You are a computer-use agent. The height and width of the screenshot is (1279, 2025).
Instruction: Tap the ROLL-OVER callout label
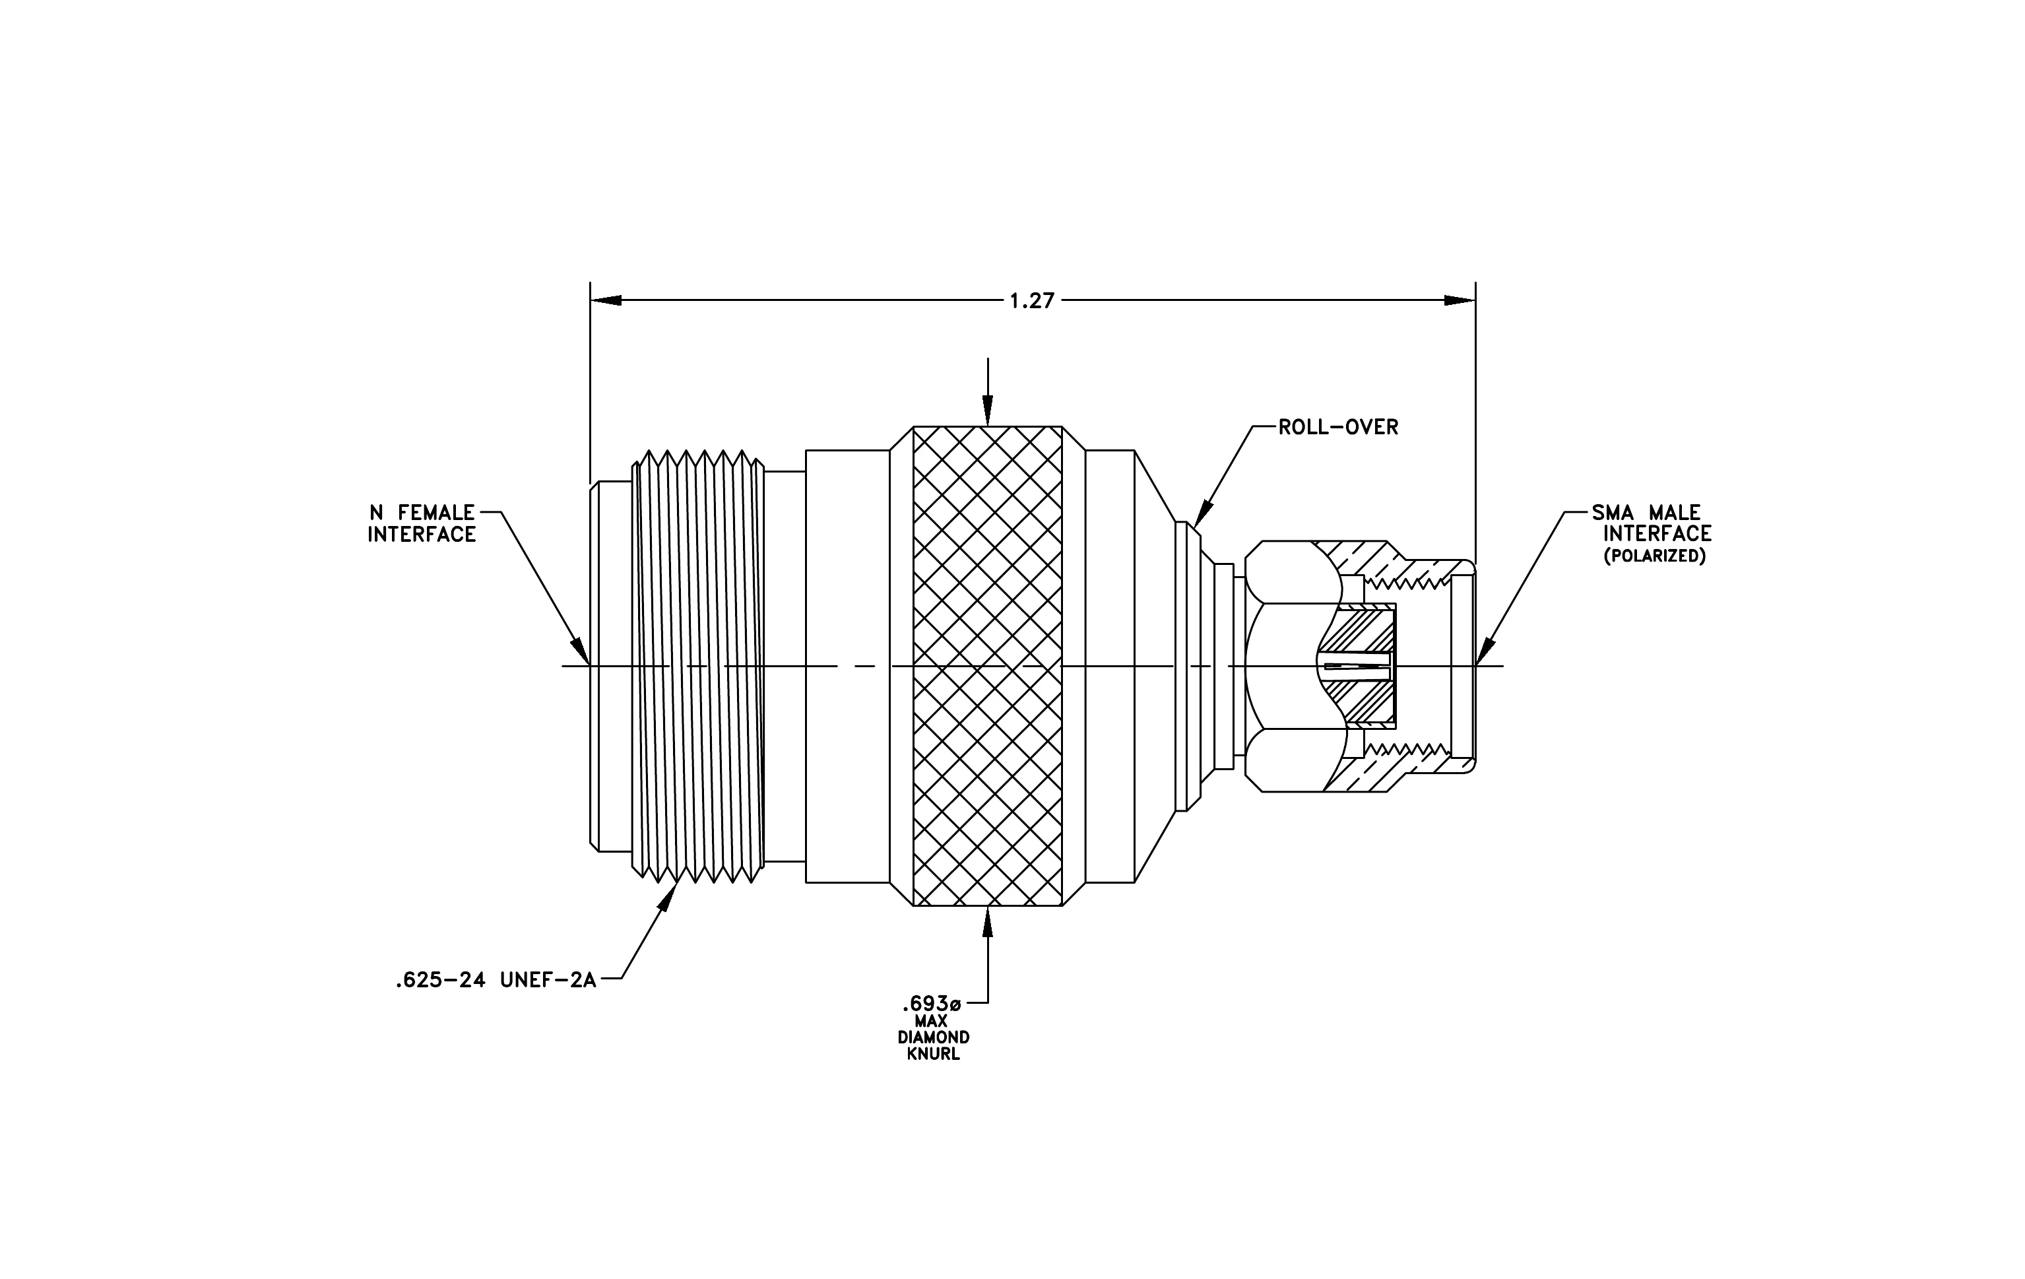click(1338, 427)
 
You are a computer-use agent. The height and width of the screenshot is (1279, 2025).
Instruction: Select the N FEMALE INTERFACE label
click(422, 523)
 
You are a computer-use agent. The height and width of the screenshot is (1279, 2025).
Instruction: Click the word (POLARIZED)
click(1654, 556)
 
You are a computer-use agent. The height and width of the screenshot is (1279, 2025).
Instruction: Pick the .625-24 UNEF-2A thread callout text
click(496, 979)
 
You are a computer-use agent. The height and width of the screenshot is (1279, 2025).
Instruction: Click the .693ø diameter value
click(931, 1003)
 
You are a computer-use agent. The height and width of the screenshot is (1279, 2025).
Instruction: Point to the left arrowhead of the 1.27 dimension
click(606, 300)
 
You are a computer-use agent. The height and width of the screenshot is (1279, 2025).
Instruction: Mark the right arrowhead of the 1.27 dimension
click(1460, 300)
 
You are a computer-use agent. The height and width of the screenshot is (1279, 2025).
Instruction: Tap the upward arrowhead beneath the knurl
click(988, 921)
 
